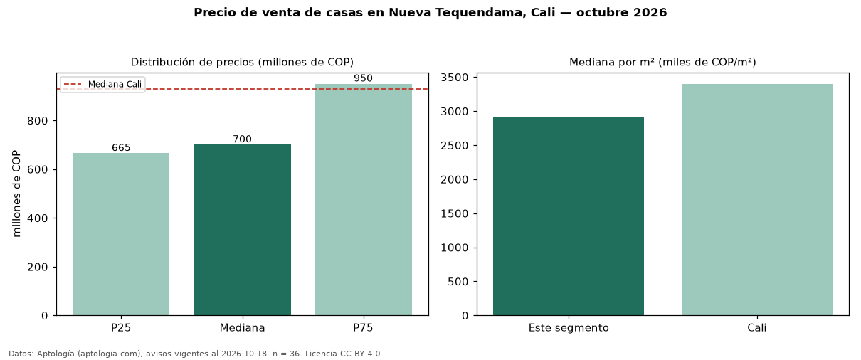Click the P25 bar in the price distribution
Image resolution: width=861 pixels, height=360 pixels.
coord(121,234)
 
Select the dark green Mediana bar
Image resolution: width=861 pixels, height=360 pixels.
coord(242,230)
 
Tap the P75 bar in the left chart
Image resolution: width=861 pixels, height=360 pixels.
coord(363,200)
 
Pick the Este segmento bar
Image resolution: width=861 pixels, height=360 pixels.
coord(569,217)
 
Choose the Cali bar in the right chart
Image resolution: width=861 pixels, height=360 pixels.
coord(757,200)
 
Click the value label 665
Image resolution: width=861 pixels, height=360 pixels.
coord(121,147)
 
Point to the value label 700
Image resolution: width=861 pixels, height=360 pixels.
coord(242,139)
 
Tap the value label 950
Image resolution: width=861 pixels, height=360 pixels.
coord(363,78)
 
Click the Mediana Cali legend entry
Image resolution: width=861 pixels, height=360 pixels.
coord(102,84)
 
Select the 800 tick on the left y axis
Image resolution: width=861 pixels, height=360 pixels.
coord(37,121)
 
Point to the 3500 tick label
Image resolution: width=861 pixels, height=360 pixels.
coord(455,78)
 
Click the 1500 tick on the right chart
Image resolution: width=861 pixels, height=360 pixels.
coord(455,213)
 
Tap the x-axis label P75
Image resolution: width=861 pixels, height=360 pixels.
coord(363,328)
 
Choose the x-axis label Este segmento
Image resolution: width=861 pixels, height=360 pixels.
coord(569,328)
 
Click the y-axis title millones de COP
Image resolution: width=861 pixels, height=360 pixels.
coord(16,194)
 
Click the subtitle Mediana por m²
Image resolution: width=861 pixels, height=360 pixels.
coord(611,62)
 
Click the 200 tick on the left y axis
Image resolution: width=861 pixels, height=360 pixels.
coord(37,267)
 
